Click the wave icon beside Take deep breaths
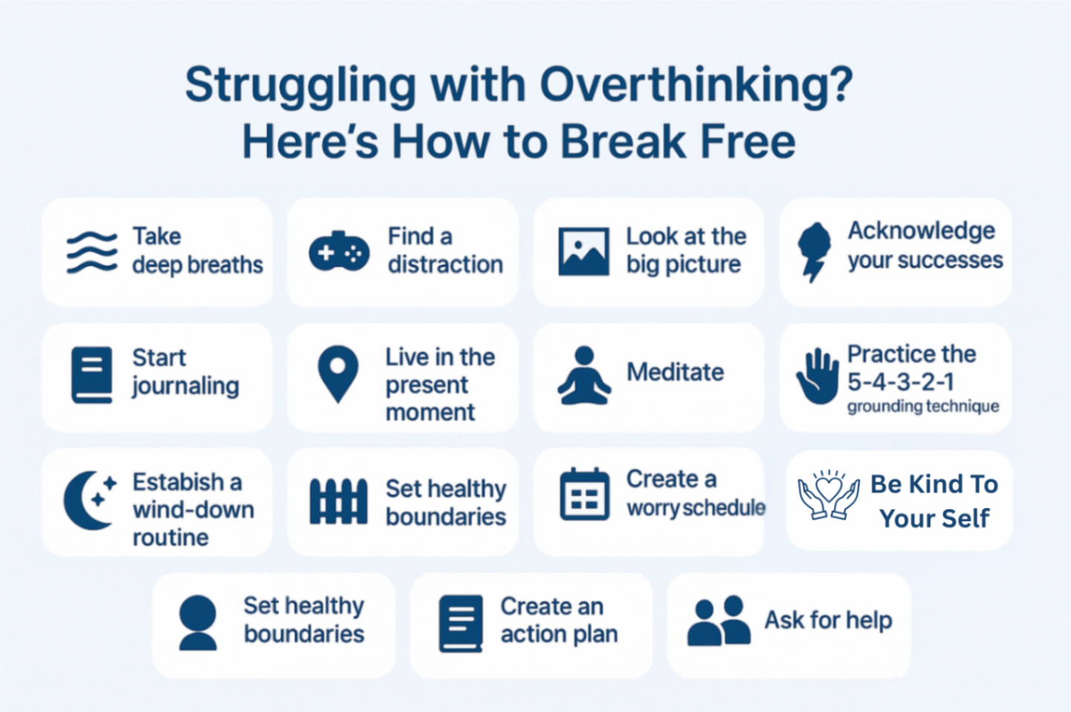(92, 252)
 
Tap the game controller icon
(339, 252)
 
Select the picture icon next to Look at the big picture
(584, 252)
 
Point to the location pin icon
(338, 373)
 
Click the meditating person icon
(585, 376)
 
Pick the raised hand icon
(818, 376)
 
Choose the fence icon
(339, 501)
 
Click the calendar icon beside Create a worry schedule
(585, 494)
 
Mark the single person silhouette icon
(198, 623)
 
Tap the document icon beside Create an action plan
(461, 623)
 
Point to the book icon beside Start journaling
(92, 375)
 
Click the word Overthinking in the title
(696, 85)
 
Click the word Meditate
(675, 371)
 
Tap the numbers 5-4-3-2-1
(900, 382)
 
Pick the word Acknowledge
(921, 231)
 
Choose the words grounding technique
(922, 406)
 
